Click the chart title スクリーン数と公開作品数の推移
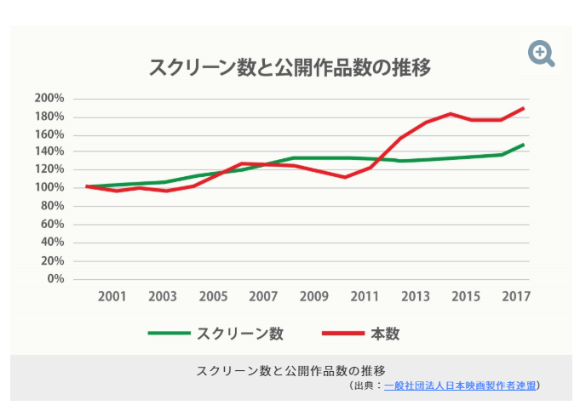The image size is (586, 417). (x=290, y=67)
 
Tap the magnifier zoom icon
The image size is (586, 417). (x=541, y=54)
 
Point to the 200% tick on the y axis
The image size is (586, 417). (x=49, y=98)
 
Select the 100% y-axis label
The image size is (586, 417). (x=49, y=188)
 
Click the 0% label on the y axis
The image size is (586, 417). (x=55, y=279)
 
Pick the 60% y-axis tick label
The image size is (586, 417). (x=53, y=225)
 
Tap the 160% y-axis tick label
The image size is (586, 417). (x=49, y=134)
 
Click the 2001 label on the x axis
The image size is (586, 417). (x=112, y=297)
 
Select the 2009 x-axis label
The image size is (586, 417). (x=314, y=297)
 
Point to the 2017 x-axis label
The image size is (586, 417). (x=516, y=297)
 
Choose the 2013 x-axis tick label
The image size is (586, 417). (x=416, y=297)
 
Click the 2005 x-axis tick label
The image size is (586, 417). (x=213, y=297)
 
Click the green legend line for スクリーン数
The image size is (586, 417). (x=169, y=334)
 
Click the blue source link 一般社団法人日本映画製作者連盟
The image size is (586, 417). (x=460, y=386)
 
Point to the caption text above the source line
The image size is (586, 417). (x=291, y=370)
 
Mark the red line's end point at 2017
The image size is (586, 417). (x=523, y=109)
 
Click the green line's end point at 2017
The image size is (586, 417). (x=523, y=145)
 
